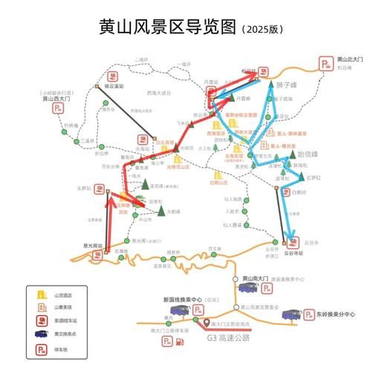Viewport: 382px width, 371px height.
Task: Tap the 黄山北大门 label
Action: click(x=349, y=59)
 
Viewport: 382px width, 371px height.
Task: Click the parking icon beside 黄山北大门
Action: click(x=325, y=64)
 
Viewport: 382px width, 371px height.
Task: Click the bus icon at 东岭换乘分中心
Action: click(x=292, y=314)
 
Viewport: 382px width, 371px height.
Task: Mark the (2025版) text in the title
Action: click(x=263, y=30)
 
